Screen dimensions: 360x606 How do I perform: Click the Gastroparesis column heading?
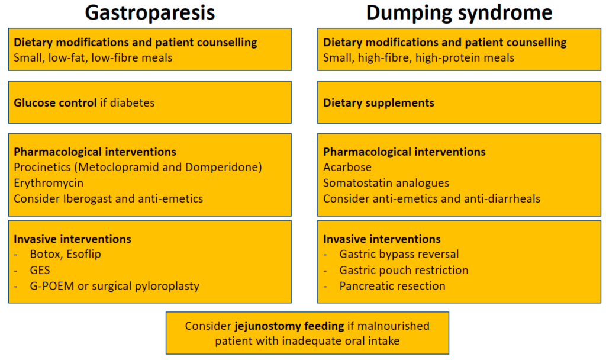(x=150, y=12)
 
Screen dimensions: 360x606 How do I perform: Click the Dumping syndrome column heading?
(x=459, y=12)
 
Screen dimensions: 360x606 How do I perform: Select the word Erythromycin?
(x=49, y=183)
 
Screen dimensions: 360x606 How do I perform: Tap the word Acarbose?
(x=347, y=168)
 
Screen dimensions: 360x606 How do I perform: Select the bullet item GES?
(x=40, y=271)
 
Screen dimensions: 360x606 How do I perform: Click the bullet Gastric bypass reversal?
(x=399, y=255)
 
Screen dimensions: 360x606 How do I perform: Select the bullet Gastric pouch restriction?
(x=404, y=270)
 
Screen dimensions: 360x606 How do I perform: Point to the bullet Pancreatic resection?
(x=392, y=286)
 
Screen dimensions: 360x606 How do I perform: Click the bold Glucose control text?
(x=55, y=103)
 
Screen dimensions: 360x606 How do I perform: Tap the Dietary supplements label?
(x=379, y=103)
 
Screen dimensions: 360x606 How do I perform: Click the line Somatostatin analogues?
(x=386, y=183)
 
